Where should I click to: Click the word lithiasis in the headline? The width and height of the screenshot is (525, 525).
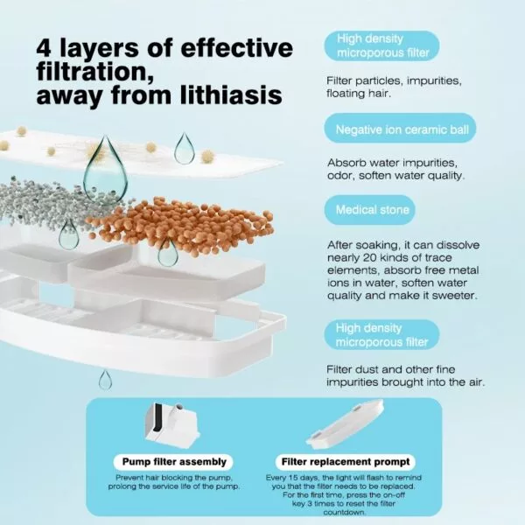click(231, 95)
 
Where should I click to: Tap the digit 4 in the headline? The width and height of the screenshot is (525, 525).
click(45, 49)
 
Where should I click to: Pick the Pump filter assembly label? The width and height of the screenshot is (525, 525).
click(174, 462)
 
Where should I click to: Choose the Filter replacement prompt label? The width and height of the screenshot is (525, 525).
click(346, 462)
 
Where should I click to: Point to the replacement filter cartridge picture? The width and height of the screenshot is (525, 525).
click(346, 424)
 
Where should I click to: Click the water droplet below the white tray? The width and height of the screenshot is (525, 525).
click(105, 380)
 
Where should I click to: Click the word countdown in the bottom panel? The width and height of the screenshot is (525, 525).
click(344, 512)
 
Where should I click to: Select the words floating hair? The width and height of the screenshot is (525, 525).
click(359, 93)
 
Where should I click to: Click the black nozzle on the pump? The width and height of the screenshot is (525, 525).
click(157, 416)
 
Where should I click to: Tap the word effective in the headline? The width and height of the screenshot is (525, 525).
click(237, 48)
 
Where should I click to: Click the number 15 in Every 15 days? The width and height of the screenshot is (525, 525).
click(297, 478)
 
